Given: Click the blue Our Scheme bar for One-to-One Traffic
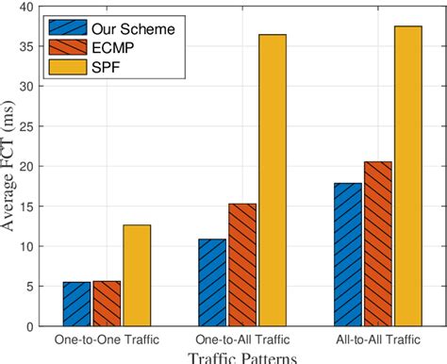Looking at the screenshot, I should (76, 304).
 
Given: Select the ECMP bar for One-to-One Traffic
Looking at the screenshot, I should (107, 304).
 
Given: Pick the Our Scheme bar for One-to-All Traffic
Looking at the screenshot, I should (212, 282).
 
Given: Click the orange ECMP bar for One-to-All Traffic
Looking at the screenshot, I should (242, 265).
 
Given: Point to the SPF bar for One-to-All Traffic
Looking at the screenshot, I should (273, 180).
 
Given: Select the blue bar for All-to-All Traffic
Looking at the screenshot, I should (348, 255).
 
